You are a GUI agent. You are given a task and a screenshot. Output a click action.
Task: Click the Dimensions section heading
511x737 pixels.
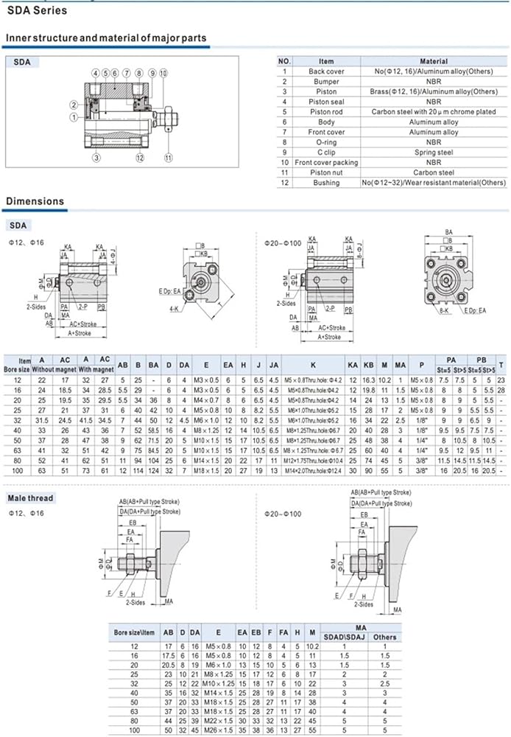pyautogui.click(x=35, y=201)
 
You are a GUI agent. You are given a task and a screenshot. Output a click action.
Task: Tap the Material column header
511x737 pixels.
pyautogui.click(x=434, y=61)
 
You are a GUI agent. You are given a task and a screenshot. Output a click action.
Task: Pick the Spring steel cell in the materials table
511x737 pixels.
pyautogui.click(x=434, y=153)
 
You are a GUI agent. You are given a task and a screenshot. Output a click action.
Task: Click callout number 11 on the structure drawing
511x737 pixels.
pyautogui.click(x=168, y=157)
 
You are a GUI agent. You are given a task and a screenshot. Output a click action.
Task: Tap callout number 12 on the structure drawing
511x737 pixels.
pyautogui.click(x=138, y=157)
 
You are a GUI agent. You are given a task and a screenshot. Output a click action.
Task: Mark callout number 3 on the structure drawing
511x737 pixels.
pyautogui.click(x=96, y=157)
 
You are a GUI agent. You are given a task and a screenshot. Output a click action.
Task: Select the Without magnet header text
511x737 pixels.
pyautogui.click(x=64, y=362)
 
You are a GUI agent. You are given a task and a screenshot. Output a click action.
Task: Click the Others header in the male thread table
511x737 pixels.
pyautogui.click(x=385, y=637)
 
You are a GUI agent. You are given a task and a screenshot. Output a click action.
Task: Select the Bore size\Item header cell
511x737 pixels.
pyautogui.click(x=135, y=632)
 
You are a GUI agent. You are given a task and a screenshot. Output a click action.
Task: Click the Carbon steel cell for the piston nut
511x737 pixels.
pyautogui.click(x=434, y=172)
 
